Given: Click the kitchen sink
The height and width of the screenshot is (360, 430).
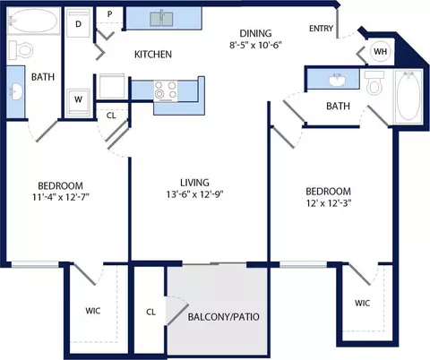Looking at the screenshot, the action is click(x=161, y=19).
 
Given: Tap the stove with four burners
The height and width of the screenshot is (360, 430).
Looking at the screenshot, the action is click(x=166, y=91).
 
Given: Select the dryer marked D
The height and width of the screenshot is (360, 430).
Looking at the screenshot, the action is click(x=78, y=23).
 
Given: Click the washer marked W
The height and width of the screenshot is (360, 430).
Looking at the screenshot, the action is click(x=78, y=101).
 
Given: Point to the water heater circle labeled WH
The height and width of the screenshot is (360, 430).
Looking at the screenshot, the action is click(x=380, y=51).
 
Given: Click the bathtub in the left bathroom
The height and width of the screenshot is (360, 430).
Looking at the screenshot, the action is click(x=33, y=21).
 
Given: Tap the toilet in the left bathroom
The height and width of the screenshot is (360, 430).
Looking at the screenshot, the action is click(x=21, y=50).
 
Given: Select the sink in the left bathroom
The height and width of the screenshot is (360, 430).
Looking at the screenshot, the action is click(x=16, y=91).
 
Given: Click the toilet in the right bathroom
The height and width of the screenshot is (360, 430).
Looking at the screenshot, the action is click(x=374, y=83).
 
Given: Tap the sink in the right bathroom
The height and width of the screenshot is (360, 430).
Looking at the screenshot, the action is click(x=338, y=80).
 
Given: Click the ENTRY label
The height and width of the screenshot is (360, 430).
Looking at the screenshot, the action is click(x=321, y=29).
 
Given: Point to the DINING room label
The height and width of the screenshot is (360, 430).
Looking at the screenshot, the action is click(x=255, y=33).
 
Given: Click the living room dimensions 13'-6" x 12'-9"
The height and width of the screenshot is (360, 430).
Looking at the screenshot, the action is click(x=195, y=194).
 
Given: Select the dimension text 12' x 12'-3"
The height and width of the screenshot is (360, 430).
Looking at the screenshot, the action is click(x=329, y=203).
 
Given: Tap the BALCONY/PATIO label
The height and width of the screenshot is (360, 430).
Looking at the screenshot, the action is click(x=223, y=317).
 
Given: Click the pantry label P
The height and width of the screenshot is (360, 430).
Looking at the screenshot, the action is click(x=110, y=14).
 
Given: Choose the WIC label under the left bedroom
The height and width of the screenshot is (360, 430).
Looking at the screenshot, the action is click(x=93, y=311).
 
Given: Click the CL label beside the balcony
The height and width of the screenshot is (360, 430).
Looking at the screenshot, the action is click(x=150, y=313).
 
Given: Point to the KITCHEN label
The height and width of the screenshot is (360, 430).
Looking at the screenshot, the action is click(x=153, y=55).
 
